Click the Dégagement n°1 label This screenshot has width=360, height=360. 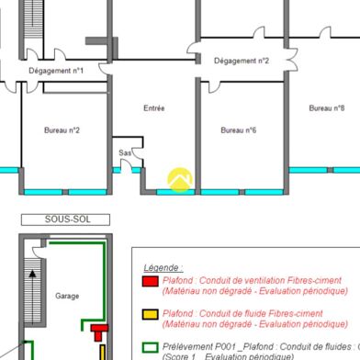[x=56, y=70]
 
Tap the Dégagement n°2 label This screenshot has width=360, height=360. [x=241, y=62]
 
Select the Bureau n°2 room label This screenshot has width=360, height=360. [x=62, y=130]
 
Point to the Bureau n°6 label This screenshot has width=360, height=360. [x=238, y=130]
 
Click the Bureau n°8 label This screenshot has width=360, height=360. [x=326, y=108]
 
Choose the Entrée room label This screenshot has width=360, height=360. [x=153, y=108]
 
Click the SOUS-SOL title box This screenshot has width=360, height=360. [x=63, y=219]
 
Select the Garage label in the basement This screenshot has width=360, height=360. [x=67, y=297]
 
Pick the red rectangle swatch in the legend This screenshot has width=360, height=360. [x=150, y=280]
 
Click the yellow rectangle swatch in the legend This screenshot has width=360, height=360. [x=150, y=314]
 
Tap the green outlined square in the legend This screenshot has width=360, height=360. [x=150, y=346]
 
